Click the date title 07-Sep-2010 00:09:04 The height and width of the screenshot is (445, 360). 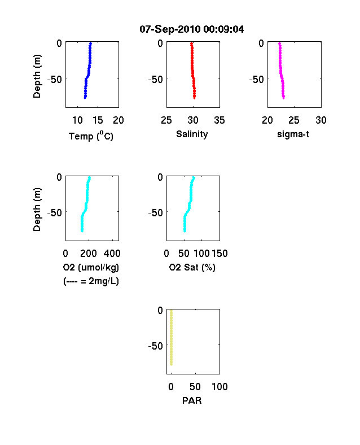(x=192, y=29)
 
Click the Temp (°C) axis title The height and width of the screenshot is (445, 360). (x=91, y=136)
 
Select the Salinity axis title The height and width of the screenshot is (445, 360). (x=192, y=134)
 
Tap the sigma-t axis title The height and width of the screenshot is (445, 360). (x=293, y=134)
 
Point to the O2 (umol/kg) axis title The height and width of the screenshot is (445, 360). (x=91, y=267)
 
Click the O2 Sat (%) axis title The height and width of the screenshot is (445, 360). (x=192, y=267)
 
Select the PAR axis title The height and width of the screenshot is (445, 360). (x=192, y=400)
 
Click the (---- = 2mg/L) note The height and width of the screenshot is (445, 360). (x=91, y=281)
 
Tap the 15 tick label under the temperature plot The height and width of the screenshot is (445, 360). (x=98, y=120)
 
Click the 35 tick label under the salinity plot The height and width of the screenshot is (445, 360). (x=219, y=120)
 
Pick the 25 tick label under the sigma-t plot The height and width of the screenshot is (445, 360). (x=293, y=120)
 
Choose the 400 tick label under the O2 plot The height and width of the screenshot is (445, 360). (x=112, y=254)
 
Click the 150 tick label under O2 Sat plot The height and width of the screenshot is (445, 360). (x=219, y=254)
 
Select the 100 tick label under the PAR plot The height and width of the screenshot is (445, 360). (x=219, y=386)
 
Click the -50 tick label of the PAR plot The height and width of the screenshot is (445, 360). (x=156, y=346)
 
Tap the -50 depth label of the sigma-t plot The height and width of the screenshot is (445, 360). (x=257, y=80)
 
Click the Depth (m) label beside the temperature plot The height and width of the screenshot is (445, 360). (x=37, y=76)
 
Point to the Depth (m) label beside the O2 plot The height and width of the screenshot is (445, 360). (x=37, y=210)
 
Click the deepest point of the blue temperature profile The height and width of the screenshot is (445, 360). (x=85, y=98)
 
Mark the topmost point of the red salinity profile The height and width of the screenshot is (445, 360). (x=192, y=43)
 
